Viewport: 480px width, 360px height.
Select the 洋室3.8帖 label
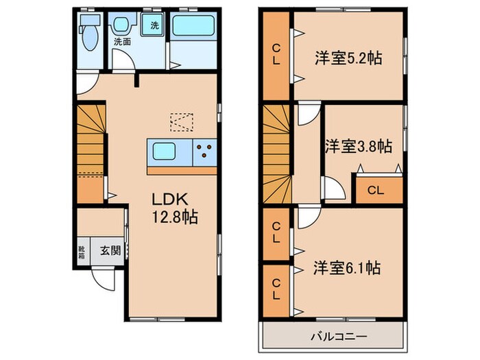(358, 146)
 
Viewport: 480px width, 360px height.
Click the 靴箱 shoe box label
(82, 252)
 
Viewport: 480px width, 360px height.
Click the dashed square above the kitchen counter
(183, 121)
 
